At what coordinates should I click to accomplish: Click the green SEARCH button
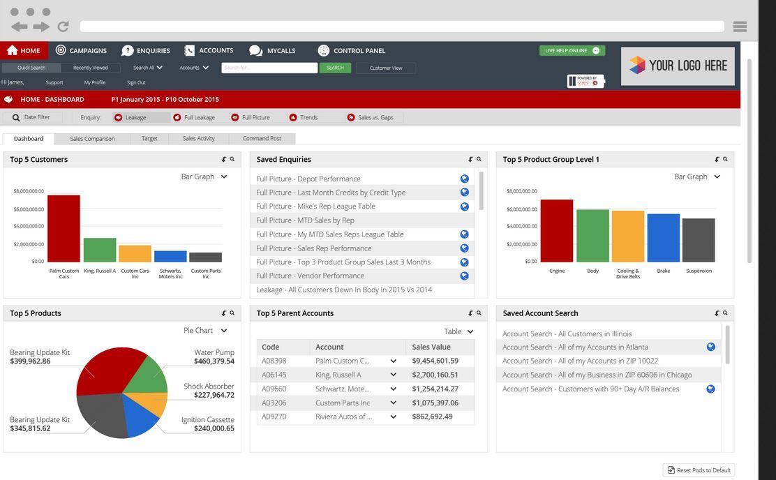335,68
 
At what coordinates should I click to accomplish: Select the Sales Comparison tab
92,138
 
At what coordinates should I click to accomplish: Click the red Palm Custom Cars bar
64,228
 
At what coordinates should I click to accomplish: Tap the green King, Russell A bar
100,250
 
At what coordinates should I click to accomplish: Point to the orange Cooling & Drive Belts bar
628,236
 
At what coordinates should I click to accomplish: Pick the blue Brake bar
663,238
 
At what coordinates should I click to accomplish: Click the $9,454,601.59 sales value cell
435,361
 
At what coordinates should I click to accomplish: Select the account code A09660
274,389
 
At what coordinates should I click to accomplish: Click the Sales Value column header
431,347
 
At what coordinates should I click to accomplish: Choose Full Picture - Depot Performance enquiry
308,179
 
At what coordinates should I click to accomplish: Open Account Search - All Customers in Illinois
567,333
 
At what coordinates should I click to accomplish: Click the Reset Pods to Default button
699,470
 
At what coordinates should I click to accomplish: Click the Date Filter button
32,117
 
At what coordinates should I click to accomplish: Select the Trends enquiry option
308,117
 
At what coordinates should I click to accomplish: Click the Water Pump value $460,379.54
214,361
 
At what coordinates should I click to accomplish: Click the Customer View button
386,68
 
